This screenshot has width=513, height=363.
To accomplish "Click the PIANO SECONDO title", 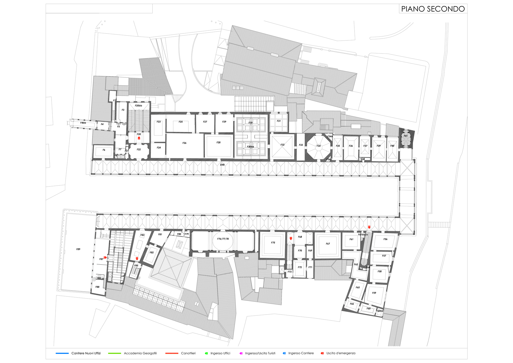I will [433, 9].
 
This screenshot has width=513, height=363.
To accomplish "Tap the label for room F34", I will [318, 146].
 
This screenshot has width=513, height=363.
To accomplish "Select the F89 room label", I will [78, 249].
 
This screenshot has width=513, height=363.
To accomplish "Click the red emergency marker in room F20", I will [139, 138].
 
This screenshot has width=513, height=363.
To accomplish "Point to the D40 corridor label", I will [222, 165].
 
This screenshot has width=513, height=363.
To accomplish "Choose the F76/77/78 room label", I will [223, 239].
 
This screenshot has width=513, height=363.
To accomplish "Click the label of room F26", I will [184, 143].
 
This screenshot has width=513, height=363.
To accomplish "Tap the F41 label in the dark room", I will [406, 136].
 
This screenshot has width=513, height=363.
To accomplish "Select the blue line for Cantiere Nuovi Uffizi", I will [62, 353].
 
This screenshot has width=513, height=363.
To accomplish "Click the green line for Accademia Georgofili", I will [114, 353].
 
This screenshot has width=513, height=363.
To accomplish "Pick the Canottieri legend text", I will [188, 353].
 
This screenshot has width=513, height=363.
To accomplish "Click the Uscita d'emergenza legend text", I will [341, 353].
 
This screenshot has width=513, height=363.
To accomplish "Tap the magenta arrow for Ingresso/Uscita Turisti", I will [241, 353].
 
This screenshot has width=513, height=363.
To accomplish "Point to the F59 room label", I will [374, 293].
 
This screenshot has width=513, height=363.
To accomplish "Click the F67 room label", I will [328, 244].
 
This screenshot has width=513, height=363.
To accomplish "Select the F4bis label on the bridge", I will [83, 123].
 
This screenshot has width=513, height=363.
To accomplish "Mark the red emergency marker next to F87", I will [105, 258].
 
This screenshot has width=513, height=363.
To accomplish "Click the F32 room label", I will [282, 145].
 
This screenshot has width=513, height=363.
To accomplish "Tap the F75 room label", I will [273, 243].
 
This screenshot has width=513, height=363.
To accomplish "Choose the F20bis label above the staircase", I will [138, 106].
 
